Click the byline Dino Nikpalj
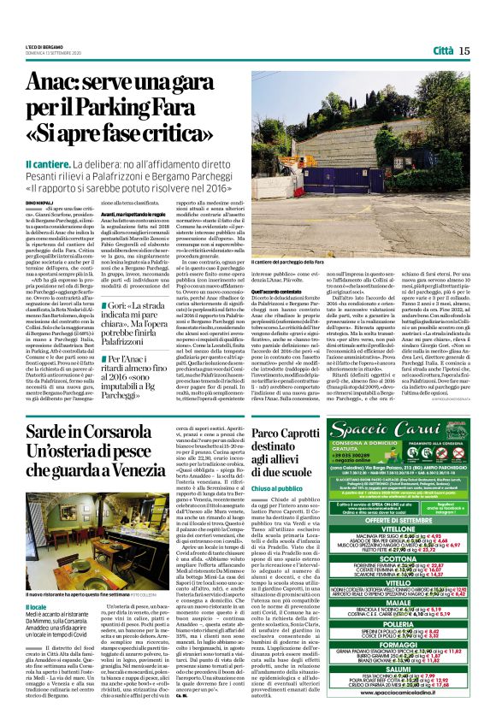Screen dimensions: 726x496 [x=40, y=202]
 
